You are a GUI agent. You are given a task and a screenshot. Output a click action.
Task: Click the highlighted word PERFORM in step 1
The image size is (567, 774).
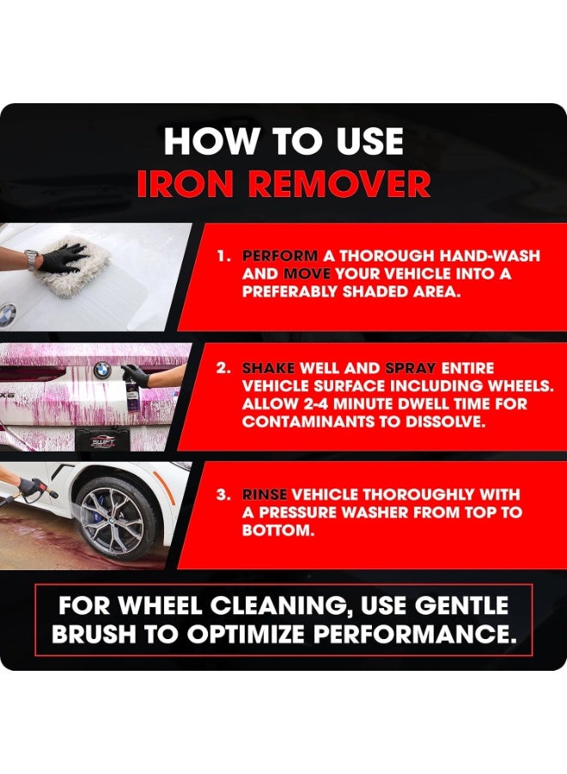pyautogui.click(x=280, y=256)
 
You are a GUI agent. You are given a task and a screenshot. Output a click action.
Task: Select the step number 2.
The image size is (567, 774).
pyautogui.click(x=223, y=368)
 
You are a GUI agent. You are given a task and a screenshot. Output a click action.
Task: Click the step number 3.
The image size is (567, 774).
pyautogui.click(x=223, y=494)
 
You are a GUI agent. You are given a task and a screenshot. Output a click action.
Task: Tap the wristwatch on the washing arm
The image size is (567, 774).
pyautogui.click(x=31, y=259)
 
